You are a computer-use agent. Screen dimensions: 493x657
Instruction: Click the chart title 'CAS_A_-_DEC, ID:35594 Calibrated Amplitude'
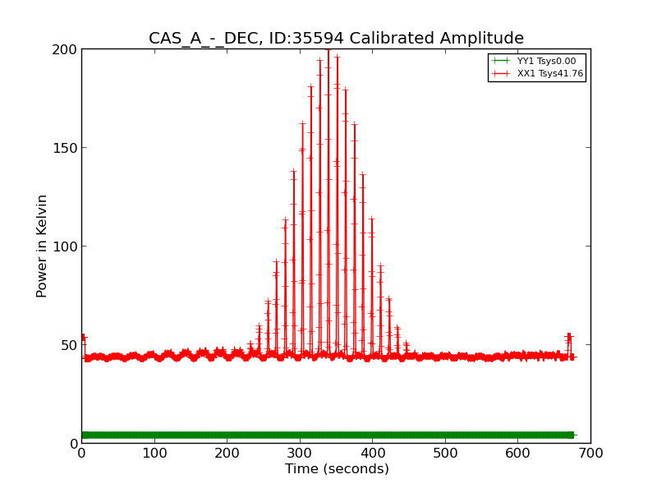click(336, 39)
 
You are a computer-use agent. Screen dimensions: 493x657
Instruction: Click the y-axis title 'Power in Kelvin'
click(42, 246)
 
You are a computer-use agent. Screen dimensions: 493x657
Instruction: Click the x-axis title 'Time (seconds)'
click(337, 469)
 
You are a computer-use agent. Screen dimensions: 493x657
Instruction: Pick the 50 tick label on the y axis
click(68, 345)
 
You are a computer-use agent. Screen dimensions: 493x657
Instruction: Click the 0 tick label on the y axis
click(72, 444)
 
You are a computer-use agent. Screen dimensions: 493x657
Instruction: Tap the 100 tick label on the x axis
click(154, 453)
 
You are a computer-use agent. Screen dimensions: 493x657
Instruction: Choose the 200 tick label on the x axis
click(227, 453)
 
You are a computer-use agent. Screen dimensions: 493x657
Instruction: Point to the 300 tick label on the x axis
click(300, 453)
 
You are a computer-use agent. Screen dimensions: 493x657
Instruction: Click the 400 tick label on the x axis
click(372, 453)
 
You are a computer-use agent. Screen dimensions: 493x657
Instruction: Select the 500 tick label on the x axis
click(445, 453)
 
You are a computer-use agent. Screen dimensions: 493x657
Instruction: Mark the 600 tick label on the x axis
click(517, 453)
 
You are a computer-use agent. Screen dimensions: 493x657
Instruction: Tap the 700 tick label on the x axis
click(590, 453)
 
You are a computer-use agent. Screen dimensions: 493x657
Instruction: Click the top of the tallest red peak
click(328, 51)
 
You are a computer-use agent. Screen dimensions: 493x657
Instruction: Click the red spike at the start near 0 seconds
click(83, 338)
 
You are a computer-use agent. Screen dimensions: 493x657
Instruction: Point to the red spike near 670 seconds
click(568, 338)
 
